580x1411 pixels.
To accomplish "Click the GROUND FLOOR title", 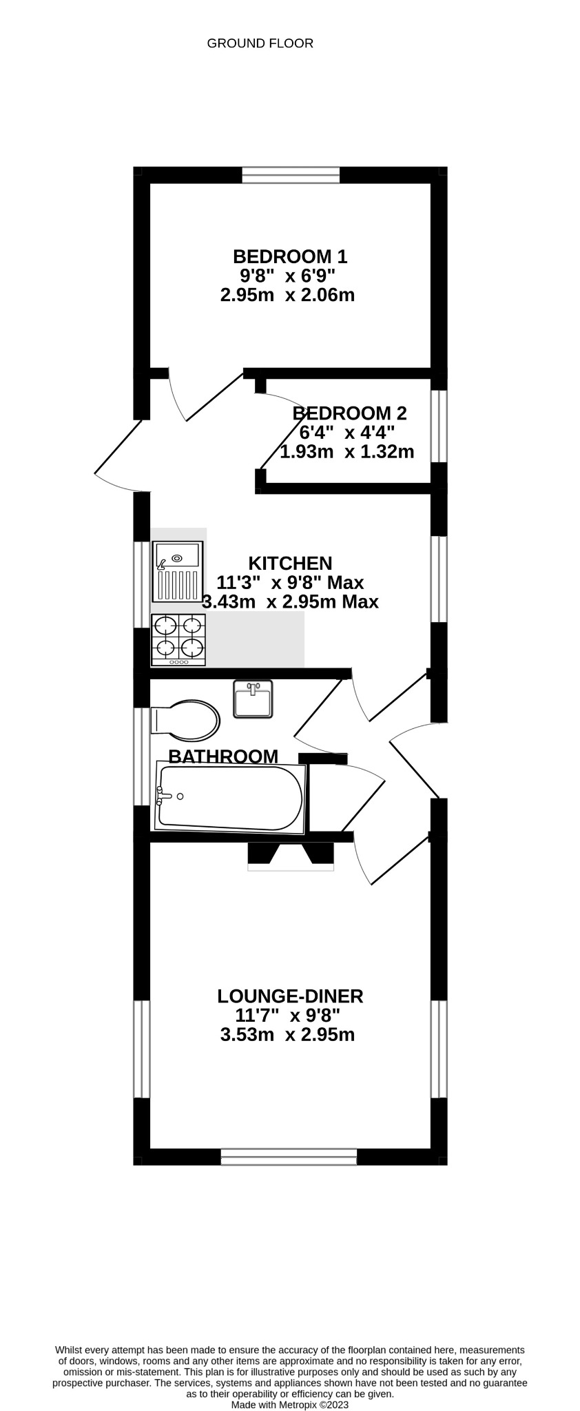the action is (260, 43).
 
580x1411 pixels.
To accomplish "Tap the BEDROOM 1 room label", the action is (290, 257).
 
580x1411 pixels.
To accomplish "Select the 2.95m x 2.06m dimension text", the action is (287, 296).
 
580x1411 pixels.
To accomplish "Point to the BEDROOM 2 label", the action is (349, 413).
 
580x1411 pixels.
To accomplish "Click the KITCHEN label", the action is (290, 563).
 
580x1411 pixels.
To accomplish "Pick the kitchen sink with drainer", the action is (177, 572).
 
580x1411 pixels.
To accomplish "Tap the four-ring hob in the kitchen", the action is (178, 640).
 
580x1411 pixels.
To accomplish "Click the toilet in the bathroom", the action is (185, 721).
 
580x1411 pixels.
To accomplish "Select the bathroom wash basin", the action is (253, 699).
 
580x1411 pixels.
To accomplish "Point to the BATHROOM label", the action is (223, 756).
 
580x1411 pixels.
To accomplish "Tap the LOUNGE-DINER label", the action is (290, 996).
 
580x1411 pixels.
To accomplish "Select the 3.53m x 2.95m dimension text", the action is (287, 1035).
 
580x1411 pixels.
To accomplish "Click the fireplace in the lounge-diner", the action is (290, 854).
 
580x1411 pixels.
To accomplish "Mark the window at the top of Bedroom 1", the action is (291, 175).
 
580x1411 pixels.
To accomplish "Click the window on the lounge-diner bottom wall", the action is (289, 1157).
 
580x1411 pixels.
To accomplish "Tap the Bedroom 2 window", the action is (439, 426).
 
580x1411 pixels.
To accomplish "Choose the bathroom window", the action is (141, 756).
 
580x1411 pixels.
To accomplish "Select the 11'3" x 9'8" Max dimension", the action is (290, 582).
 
